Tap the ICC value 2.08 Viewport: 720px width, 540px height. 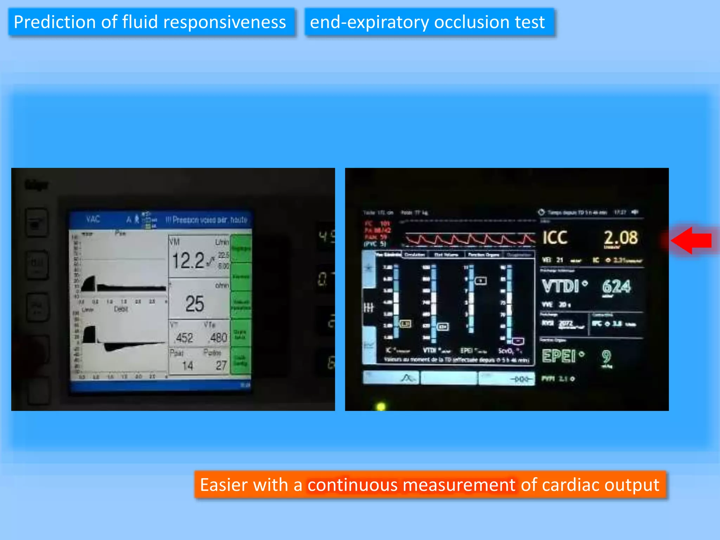[621, 238]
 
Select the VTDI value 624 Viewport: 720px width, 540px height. [616, 286]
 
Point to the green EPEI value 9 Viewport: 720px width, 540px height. [606, 356]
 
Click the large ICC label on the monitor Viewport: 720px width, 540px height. [555, 238]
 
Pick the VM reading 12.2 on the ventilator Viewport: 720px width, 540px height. [188, 261]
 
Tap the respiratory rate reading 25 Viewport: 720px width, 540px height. [194, 303]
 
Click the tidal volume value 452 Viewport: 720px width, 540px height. [184, 338]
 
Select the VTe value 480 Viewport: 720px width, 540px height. [218, 337]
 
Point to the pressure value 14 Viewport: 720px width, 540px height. [187, 366]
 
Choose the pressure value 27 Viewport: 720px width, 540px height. [221, 365]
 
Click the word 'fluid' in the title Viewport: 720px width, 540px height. [140, 22]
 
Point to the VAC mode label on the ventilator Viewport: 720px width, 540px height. [93, 219]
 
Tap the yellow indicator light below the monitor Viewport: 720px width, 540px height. [381, 407]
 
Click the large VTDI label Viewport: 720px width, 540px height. [560, 286]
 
